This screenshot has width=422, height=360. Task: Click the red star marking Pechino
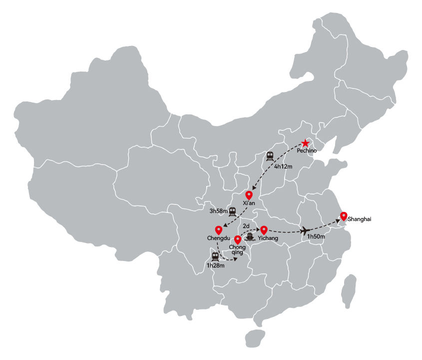[305, 143]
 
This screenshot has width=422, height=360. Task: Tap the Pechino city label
[307, 150]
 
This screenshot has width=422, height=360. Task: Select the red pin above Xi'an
[249, 195]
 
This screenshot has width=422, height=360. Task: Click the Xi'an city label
[249, 203]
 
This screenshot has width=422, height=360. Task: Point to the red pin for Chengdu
[219, 230]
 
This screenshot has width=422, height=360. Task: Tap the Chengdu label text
[219, 238]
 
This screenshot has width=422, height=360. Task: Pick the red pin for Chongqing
[238, 239]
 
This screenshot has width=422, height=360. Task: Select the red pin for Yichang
[264, 230]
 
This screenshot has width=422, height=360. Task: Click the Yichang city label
[268, 238]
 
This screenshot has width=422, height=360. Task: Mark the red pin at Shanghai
[344, 216]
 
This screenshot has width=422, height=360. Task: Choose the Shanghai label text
[359, 219]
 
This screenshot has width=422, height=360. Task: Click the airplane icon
[305, 230]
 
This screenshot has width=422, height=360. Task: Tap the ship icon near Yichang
[250, 237]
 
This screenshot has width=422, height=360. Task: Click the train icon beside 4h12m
[270, 156]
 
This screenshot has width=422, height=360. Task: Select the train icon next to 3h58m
[232, 211]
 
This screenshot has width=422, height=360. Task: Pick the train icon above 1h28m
[215, 256]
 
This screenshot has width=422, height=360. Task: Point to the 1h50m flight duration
[316, 236]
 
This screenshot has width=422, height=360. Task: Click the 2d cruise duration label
[246, 226]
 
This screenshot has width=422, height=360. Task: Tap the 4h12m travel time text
[283, 166]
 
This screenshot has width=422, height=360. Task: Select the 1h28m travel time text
[215, 265]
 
